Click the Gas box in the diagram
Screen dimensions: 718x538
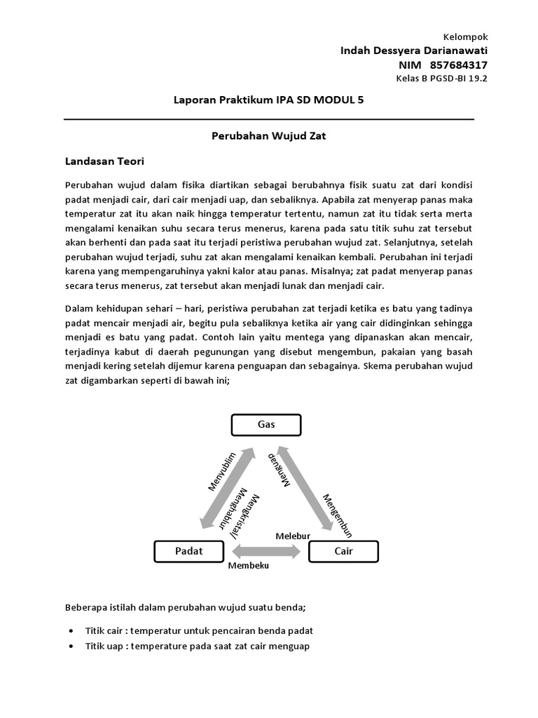click(266, 425)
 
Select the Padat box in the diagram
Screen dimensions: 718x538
click(188, 551)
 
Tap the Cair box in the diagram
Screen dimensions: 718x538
click(343, 551)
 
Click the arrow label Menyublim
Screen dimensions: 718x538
click(223, 473)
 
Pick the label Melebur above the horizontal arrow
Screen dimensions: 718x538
click(292, 536)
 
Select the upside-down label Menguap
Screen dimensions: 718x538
click(279, 469)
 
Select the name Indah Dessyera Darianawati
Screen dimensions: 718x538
click(414, 50)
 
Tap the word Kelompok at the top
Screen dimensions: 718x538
click(467, 37)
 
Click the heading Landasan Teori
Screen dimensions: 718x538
click(104, 162)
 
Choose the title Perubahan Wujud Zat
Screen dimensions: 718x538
click(269, 136)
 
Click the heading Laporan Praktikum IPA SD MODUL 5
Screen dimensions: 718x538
click(268, 100)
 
